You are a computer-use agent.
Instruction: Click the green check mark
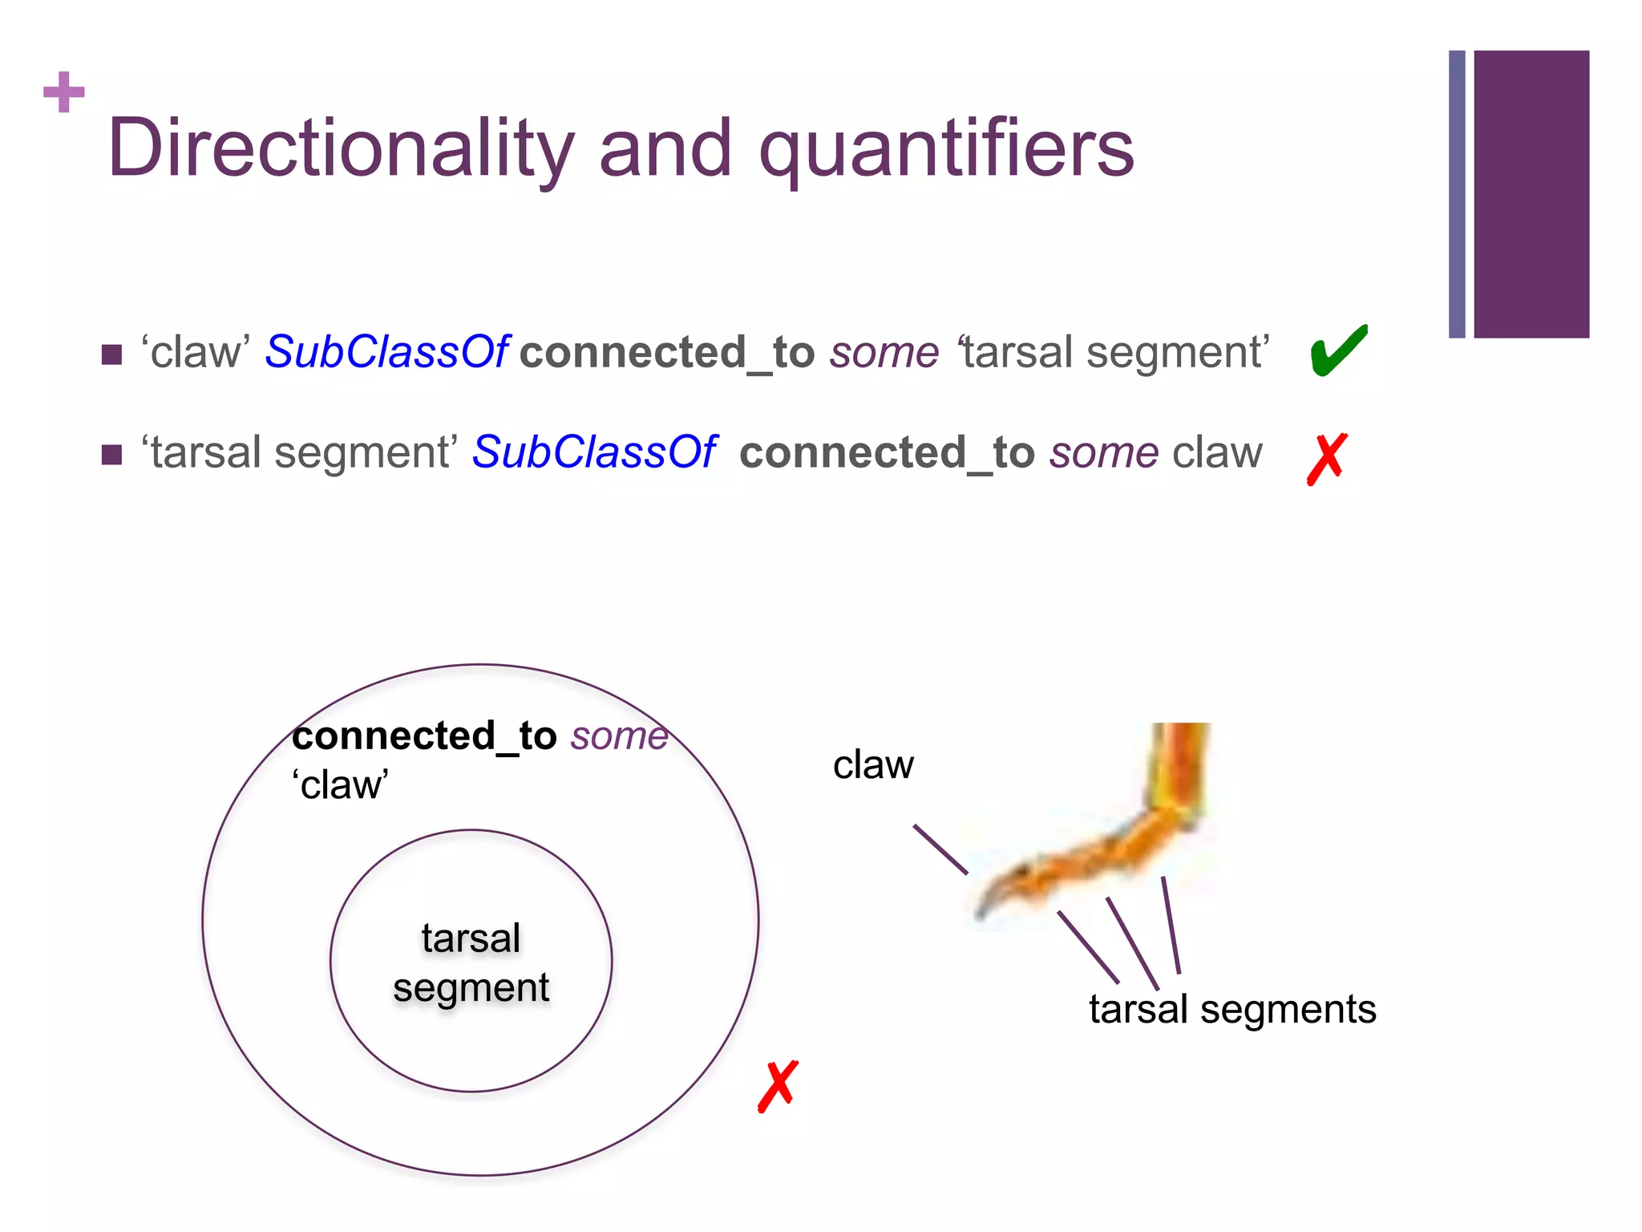coord(1337,351)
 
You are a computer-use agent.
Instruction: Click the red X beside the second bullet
coord(1327,459)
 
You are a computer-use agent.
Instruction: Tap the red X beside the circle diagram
coord(778,1086)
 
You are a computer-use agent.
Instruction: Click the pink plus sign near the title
coord(64,92)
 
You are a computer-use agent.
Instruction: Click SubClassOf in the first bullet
coord(386,352)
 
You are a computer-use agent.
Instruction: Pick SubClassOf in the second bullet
coord(593,452)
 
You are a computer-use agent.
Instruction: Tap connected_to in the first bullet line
coord(667,353)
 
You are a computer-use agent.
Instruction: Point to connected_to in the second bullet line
coord(887,453)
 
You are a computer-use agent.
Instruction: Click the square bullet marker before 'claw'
coord(112,355)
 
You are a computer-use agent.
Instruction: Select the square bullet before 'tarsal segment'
coord(112,455)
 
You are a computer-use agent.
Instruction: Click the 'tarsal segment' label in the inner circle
coord(471,962)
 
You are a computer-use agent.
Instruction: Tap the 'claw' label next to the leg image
coord(873,765)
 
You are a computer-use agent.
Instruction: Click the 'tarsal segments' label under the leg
coord(1232,1009)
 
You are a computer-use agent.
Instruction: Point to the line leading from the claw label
coord(940,849)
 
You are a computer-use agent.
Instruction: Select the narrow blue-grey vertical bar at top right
coord(1457,194)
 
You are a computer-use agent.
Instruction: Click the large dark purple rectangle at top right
coord(1531,194)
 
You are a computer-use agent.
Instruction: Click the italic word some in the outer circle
coord(619,736)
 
